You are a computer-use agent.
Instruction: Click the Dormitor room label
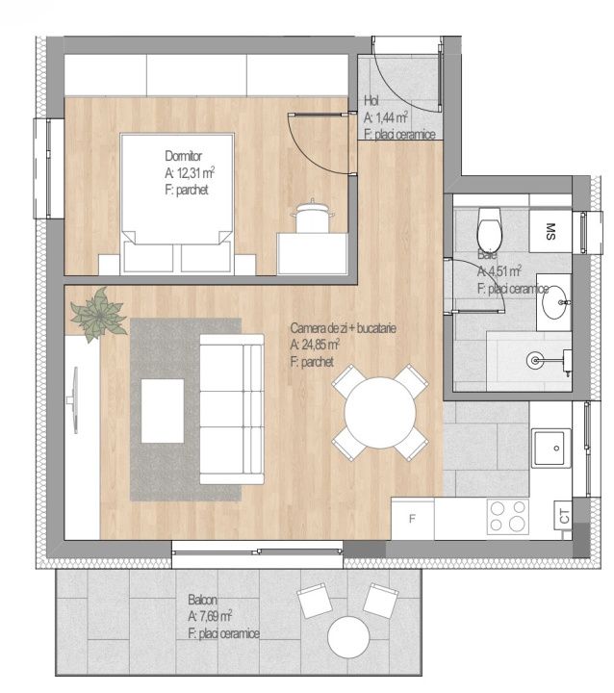[184, 156]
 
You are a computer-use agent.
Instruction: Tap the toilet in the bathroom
[489, 228]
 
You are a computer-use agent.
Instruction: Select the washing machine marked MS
[550, 232]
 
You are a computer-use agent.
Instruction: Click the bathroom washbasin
[554, 302]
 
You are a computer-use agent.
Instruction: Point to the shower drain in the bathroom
[535, 360]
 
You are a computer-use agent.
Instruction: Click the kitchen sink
[550, 449]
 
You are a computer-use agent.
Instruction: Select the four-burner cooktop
[508, 517]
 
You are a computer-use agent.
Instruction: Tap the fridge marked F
[413, 520]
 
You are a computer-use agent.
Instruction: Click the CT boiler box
[564, 515]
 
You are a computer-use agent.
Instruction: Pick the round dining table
[380, 413]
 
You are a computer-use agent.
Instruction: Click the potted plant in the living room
[98, 314]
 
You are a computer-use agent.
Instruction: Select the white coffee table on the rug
[163, 411]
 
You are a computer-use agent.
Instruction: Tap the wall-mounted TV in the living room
[73, 400]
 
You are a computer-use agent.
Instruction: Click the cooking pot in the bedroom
[313, 217]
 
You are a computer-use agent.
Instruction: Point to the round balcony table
[348, 637]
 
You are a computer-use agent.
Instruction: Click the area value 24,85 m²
[315, 345]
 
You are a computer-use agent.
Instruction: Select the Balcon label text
[202, 600]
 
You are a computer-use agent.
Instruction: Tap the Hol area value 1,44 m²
[386, 117]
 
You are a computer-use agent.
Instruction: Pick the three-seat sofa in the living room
[232, 409]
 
